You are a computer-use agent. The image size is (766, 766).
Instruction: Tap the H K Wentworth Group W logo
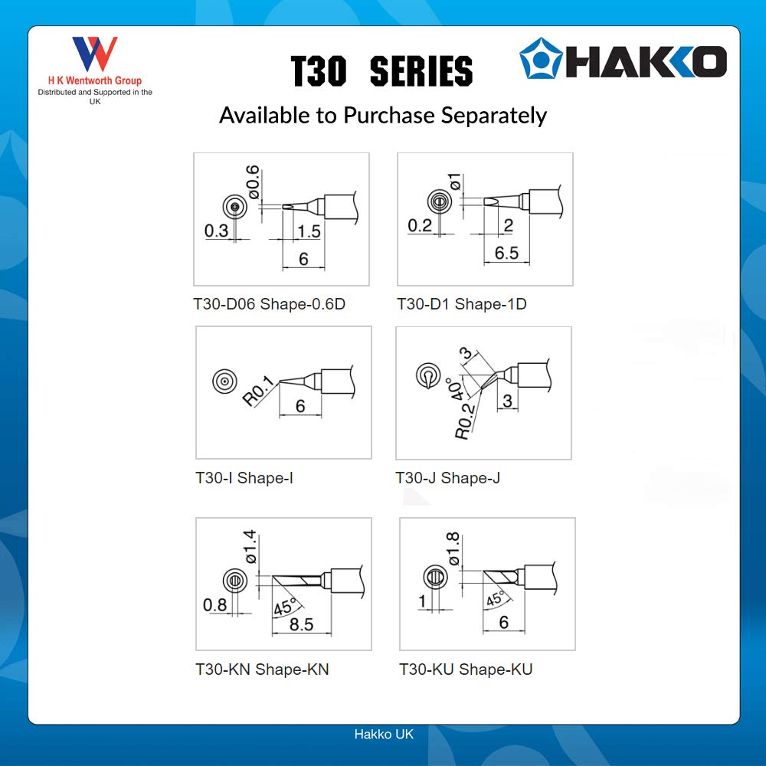(95, 54)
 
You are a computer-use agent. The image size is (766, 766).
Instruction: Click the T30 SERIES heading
(381, 72)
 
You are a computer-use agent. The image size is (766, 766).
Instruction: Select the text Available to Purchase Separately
(383, 115)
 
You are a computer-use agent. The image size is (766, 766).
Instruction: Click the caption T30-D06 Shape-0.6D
(270, 304)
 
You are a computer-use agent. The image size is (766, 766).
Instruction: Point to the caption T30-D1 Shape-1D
(462, 304)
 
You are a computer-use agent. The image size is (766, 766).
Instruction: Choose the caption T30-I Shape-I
(244, 478)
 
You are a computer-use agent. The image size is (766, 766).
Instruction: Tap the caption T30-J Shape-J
(447, 478)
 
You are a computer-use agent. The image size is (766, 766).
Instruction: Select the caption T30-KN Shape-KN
(263, 669)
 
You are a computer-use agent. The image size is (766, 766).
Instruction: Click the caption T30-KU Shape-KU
(466, 669)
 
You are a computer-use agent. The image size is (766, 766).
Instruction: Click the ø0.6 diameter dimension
(253, 181)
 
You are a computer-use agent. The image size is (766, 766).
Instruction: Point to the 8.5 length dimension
(301, 625)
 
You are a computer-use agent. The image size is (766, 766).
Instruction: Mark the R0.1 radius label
(257, 388)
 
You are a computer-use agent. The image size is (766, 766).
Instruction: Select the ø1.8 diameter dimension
(454, 548)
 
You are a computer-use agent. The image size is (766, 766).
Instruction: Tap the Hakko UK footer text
(383, 734)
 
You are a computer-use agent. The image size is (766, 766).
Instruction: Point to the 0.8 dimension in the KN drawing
(215, 605)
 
